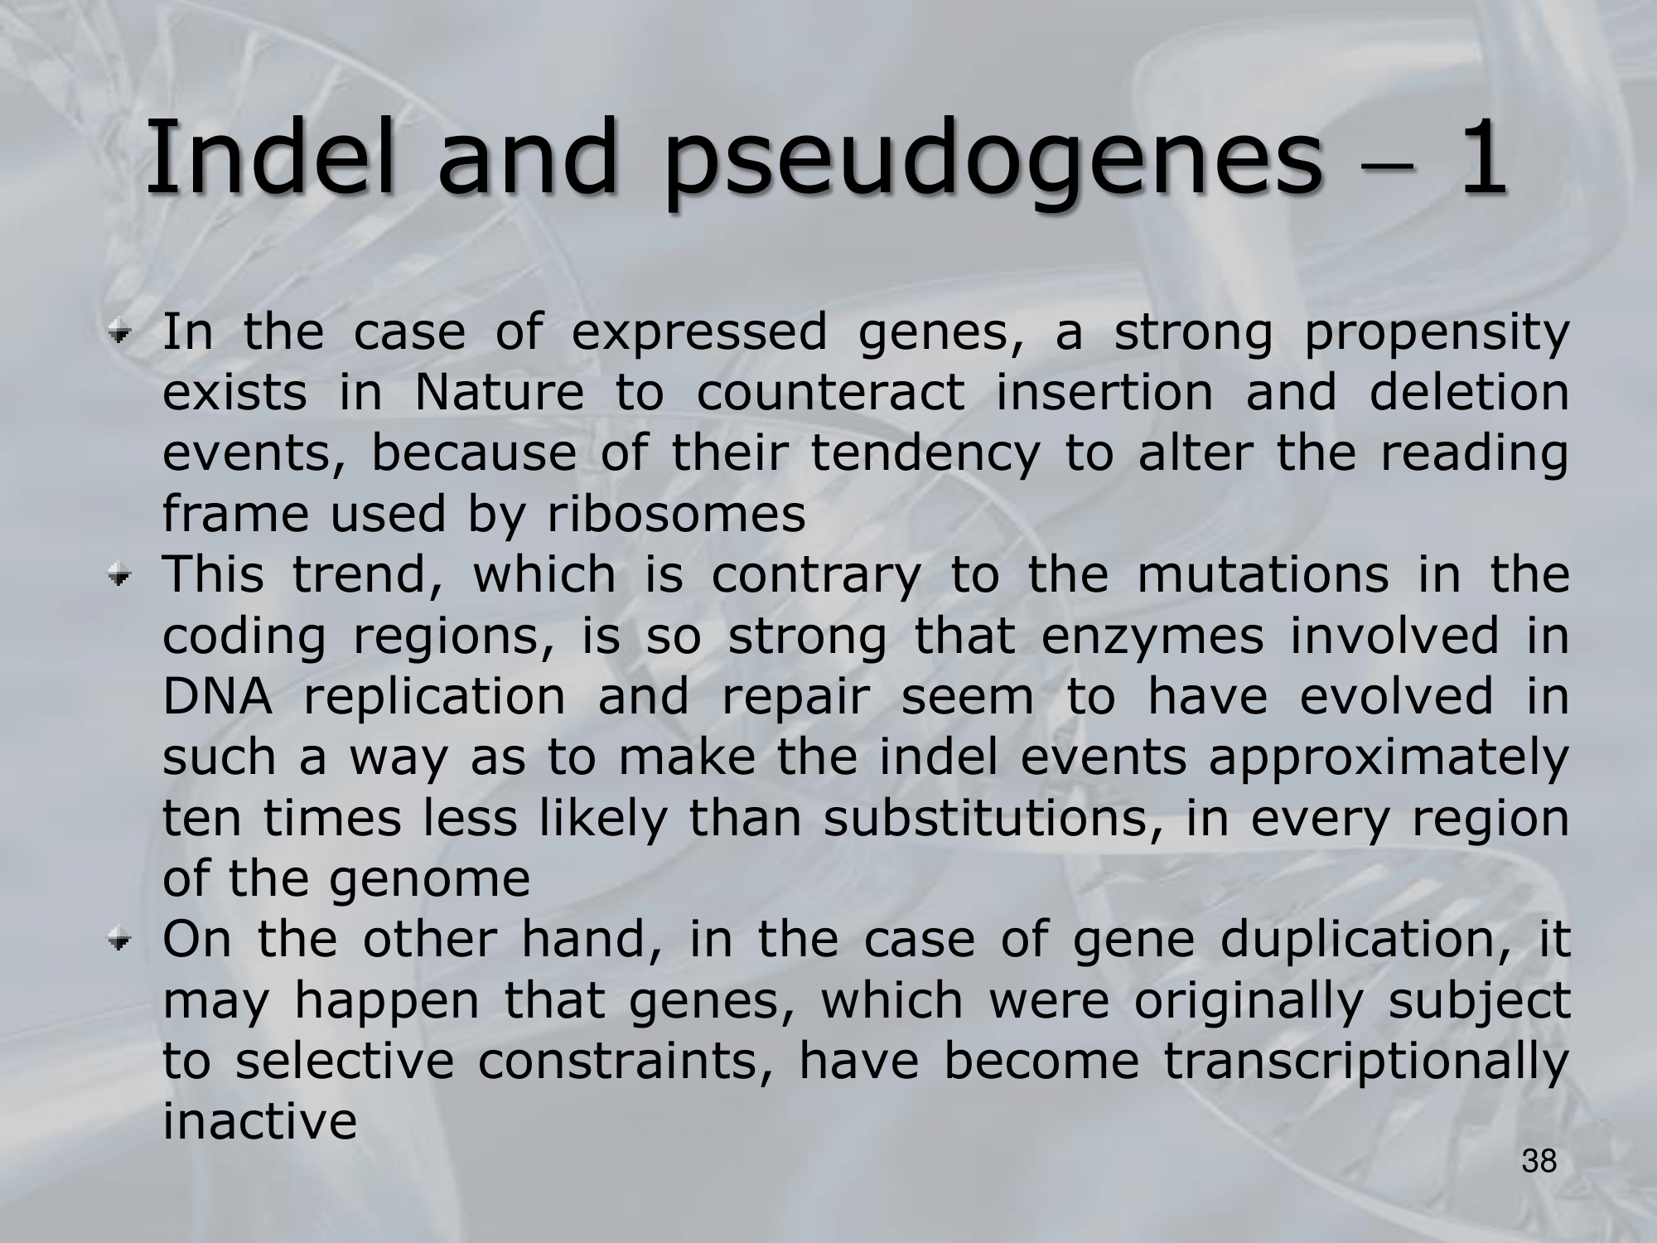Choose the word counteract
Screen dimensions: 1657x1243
pos(830,393)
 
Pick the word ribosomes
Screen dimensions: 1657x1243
pos(676,514)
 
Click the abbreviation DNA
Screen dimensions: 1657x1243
pos(217,696)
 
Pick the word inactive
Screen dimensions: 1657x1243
pos(260,1122)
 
